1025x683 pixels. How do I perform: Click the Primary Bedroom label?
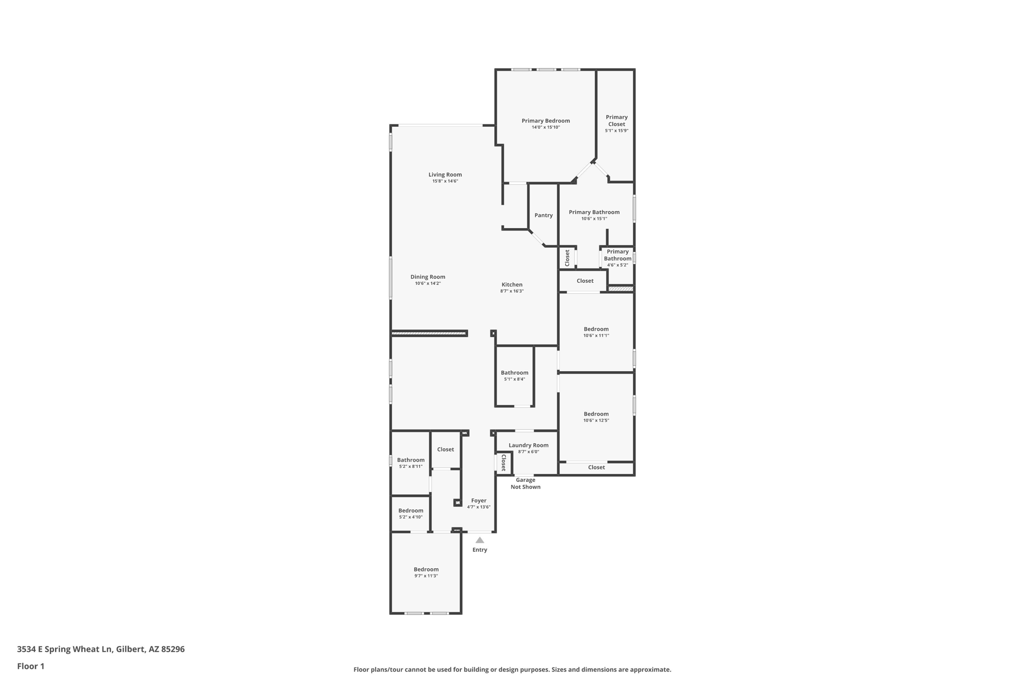pyautogui.click(x=546, y=121)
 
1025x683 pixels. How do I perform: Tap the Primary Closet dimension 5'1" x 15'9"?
pyautogui.click(x=616, y=131)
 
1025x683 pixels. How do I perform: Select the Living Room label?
pyautogui.click(x=445, y=175)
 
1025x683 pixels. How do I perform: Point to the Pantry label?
pyautogui.click(x=543, y=215)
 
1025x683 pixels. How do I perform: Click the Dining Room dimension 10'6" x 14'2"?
pyautogui.click(x=427, y=284)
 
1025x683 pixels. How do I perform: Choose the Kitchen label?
pyautogui.click(x=511, y=285)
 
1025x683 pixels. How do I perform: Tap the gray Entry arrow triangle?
pyautogui.click(x=479, y=540)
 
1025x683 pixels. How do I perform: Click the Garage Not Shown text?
pyautogui.click(x=525, y=483)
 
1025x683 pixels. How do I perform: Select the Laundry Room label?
pyautogui.click(x=528, y=445)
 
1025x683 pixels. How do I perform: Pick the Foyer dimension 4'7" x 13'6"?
pyautogui.click(x=478, y=507)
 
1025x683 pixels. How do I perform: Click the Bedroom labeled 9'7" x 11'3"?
pyautogui.click(x=426, y=569)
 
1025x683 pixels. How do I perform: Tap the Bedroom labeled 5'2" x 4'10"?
pyautogui.click(x=410, y=511)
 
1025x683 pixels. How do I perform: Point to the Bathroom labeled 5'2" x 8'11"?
pyautogui.click(x=410, y=460)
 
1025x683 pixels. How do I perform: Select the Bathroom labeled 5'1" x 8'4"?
pyautogui.click(x=514, y=373)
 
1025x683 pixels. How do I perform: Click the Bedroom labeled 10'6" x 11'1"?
pyautogui.click(x=596, y=329)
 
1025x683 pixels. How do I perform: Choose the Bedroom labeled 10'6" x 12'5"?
pyautogui.click(x=596, y=414)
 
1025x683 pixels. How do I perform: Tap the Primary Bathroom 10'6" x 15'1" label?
pyautogui.click(x=594, y=212)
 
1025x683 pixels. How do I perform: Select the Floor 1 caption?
pyautogui.click(x=31, y=666)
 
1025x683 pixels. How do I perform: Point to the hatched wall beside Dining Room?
pyautogui.click(x=429, y=333)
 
